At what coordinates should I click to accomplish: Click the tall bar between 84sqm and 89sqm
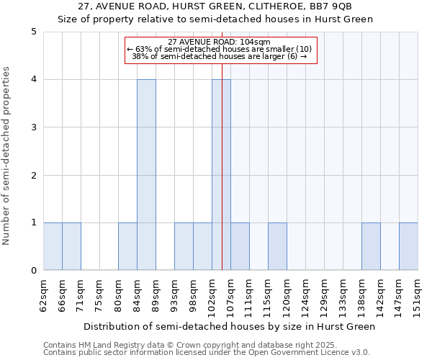pos(146,175)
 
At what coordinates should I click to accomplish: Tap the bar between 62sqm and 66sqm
pos(53,246)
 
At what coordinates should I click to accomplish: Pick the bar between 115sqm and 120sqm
pos(277,246)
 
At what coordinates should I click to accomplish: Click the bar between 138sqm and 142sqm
pos(371,246)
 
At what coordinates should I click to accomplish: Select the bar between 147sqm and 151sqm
pos(408,246)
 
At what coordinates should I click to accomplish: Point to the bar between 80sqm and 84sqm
pos(127,246)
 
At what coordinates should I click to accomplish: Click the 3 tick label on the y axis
pos(34,127)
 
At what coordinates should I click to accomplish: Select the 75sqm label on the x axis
pos(99,294)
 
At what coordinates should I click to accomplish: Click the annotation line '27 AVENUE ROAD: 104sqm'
pos(219,42)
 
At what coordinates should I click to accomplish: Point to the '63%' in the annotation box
pos(141,49)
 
